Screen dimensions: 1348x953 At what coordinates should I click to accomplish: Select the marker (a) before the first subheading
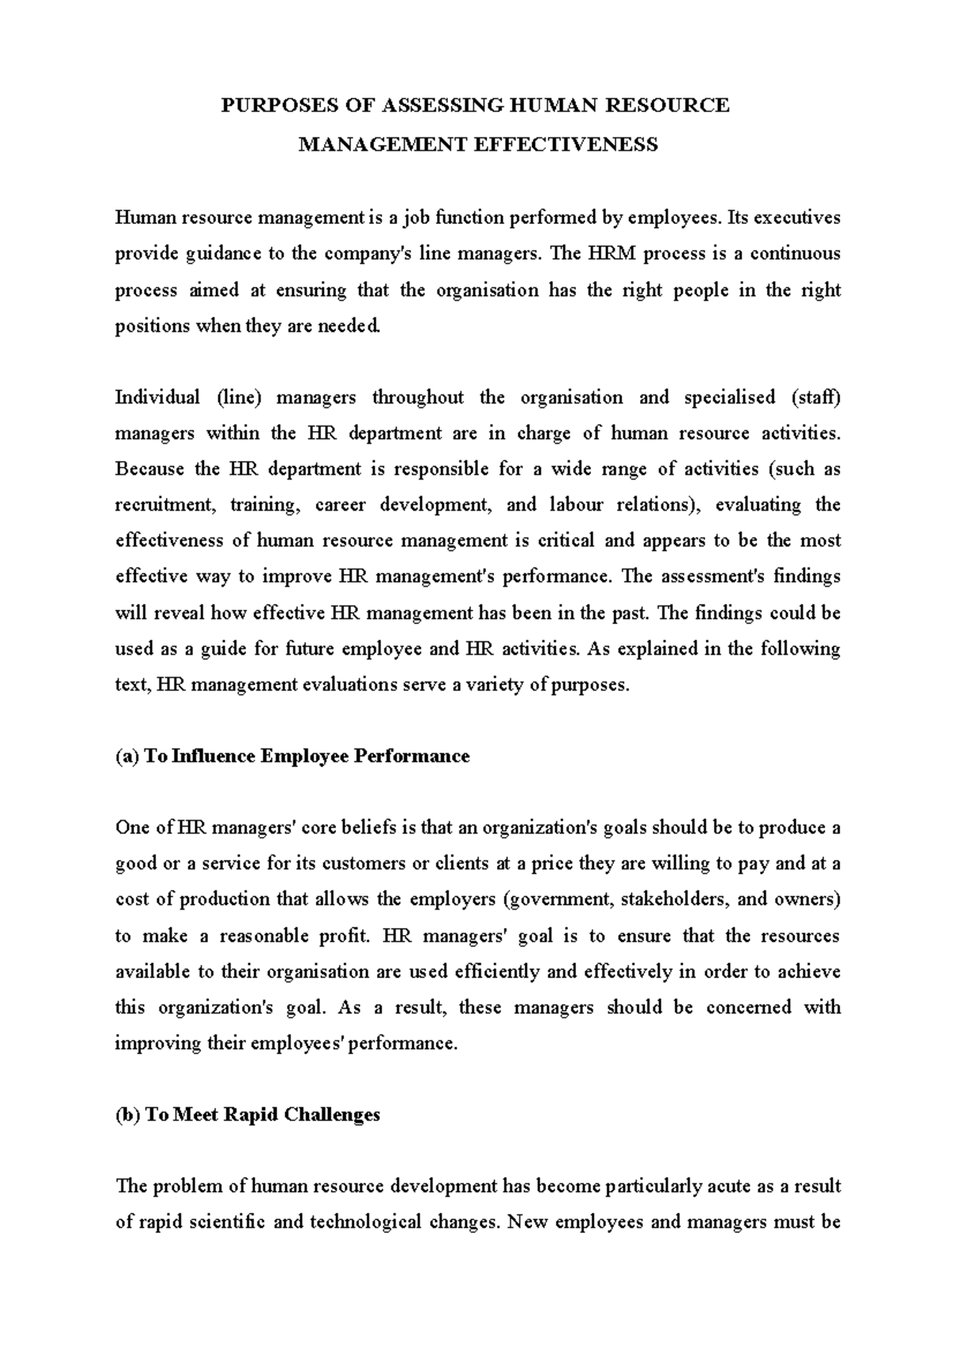[127, 756]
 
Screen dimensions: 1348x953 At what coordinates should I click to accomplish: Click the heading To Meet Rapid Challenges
[263, 1115]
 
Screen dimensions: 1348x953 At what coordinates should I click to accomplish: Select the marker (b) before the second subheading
[127, 1115]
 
